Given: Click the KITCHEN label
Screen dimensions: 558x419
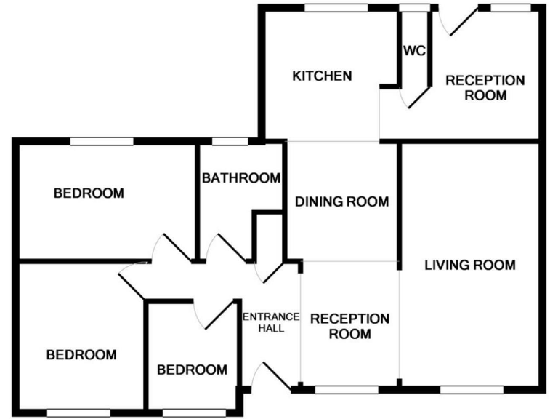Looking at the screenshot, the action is click(x=322, y=76).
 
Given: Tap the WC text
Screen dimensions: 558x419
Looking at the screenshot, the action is click(x=414, y=51).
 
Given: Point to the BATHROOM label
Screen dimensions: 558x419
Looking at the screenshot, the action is click(x=241, y=178).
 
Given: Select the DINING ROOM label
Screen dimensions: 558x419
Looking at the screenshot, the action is click(x=341, y=201).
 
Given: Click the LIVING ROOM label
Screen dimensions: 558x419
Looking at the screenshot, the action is click(x=470, y=265).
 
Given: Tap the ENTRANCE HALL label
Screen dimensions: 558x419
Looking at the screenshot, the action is click(x=270, y=322).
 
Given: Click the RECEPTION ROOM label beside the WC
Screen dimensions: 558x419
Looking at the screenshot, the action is click(x=485, y=87).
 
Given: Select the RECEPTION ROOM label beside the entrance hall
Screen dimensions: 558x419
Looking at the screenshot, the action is click(x=349, y=327).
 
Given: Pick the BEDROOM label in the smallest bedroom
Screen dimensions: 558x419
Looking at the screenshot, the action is click(x=192, y=370).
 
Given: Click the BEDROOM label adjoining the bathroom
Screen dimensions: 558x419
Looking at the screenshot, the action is click(x=89, y=193).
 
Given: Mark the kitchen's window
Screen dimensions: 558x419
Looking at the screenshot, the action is click(x=335, y=8).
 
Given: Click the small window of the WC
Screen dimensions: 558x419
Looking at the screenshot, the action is click(x=415, y=8).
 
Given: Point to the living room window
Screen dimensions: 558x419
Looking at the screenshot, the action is click(x=469, y=390).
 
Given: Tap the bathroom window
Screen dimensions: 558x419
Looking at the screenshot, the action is click(x=230, y=141).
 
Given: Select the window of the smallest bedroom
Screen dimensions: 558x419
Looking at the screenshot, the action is click(x=184, y=413).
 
